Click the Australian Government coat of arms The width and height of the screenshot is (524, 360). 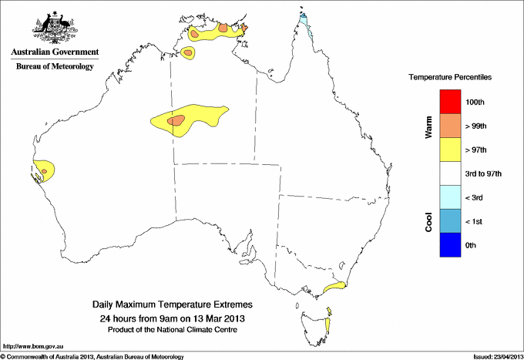[55, 27]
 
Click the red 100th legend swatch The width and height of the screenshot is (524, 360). [450, 102]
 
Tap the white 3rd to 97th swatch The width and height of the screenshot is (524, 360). [450, 173]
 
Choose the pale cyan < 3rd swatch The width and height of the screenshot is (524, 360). [450, 198]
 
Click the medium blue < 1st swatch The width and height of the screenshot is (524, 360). [450, 222]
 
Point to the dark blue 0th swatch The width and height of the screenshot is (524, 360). [450, 246]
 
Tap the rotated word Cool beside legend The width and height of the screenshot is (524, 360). [428, 222]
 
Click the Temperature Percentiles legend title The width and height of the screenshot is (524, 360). [450, 78]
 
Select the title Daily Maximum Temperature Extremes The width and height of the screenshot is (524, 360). [172, 305]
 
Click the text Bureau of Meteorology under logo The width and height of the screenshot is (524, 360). [55, 67]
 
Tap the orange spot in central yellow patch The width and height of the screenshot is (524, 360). [178, 119]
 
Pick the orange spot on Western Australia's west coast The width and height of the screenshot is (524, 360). [45, 170]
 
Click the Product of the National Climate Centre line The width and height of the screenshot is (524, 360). [172, 329]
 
